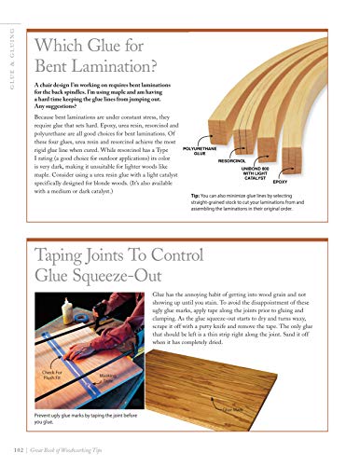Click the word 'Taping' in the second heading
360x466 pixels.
pos(63,254)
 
